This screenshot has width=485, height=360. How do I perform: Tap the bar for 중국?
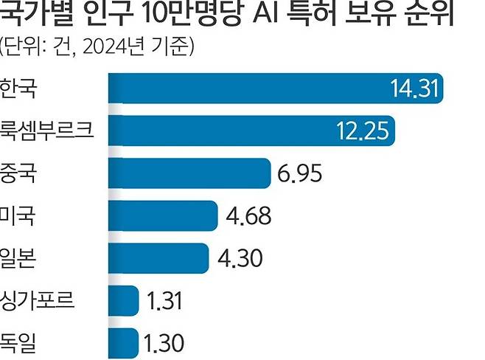click(x=189, y=173)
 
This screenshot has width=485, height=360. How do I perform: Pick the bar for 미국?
click(x=163, y=216)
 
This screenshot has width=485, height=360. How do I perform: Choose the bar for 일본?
click(x=158, y=258)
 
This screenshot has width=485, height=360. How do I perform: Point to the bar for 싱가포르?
click(x=123, y=301)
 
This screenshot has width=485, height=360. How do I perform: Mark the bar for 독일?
click(x=123, y=343)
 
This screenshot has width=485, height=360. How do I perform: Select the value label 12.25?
click(x=363, y=131)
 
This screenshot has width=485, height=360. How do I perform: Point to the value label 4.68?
click(x=248, y=216)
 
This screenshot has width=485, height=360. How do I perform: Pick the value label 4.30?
click(x=242, y=259)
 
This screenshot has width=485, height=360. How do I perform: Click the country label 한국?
click(x=20, y=89)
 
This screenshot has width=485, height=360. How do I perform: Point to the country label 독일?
click(x=20, y=343)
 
